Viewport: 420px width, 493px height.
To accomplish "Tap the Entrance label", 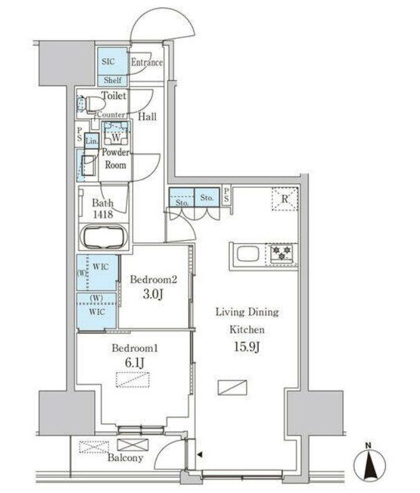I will coord(146,62).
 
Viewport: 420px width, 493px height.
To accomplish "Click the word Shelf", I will coord(112,81).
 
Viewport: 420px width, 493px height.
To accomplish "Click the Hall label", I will coord(147,117).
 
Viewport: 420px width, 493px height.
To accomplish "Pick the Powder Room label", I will coord(116,159).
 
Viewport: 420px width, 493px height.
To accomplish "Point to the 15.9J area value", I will coord(238,346).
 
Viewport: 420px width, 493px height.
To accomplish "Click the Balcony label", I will coord(125,458).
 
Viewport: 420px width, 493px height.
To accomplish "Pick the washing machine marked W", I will coord(116,136).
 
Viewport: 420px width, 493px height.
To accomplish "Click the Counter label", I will coord(111,115).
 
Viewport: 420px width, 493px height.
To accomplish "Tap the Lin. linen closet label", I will coord(91,142).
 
